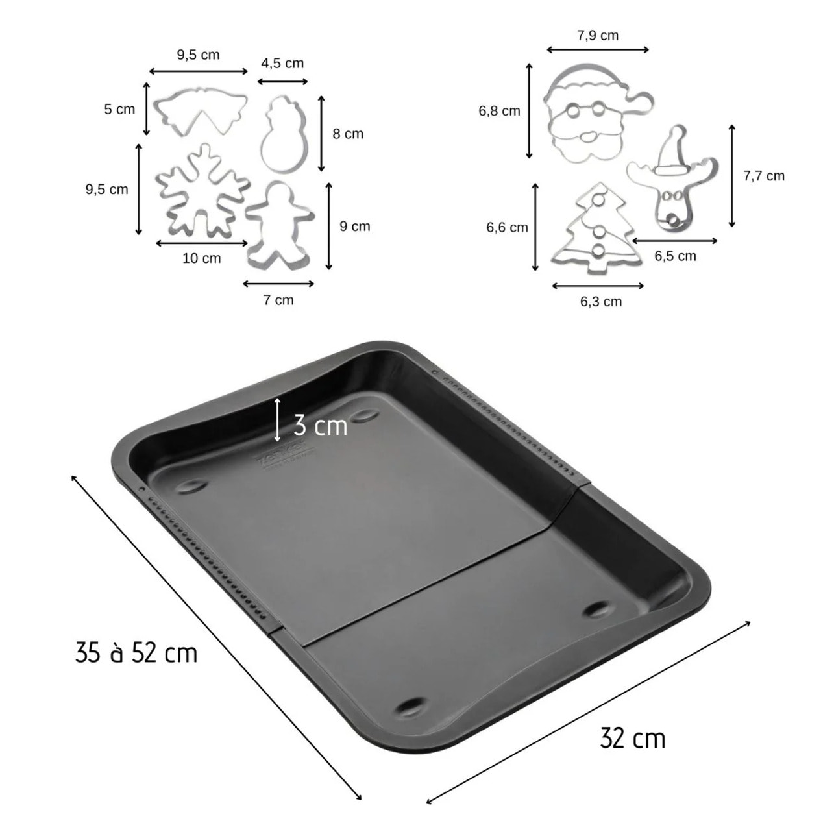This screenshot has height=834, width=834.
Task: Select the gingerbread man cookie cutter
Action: [x=280, y=226]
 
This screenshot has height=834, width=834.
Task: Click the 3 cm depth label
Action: [x=321, y=426]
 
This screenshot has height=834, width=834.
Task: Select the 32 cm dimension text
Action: [x=633, y=739]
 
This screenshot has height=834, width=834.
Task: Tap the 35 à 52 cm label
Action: [x=136, y=652]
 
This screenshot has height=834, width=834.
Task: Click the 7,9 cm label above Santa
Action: [x=598, y=36]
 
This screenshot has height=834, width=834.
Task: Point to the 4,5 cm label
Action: [x=282, y=63]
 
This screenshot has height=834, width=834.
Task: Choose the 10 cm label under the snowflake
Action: [x=201, y=258]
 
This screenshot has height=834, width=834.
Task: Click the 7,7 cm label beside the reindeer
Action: [x=763, y=176]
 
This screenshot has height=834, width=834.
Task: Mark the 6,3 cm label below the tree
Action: [x=601, y=301]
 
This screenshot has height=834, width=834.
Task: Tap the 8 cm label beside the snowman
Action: [x=348, y=134]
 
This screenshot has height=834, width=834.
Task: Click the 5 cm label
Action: [x=119, y=109]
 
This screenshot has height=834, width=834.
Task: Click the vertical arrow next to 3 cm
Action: [x=278, y=419]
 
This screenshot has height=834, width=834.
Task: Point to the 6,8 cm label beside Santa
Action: [x=499, y=111]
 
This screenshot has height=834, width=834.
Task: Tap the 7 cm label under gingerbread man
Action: [x=278, y=300]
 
